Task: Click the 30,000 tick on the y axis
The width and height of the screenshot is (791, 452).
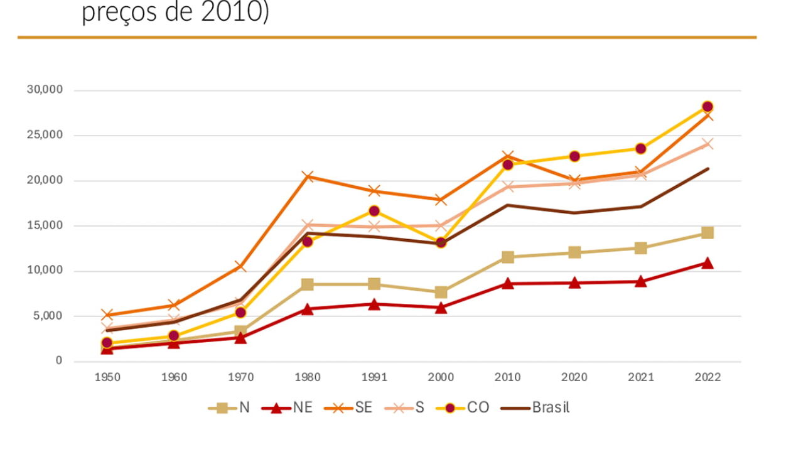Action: point(45,90)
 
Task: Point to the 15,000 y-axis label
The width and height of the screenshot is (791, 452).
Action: point(45,226)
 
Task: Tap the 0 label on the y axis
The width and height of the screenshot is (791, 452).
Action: point(59,361)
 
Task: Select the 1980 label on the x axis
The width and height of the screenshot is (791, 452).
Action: point(308,377)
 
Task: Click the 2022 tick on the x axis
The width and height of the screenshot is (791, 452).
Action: point(708,377)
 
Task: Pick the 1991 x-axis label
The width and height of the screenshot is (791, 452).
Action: point(374,377)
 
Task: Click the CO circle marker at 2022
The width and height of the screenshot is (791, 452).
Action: point(708,107)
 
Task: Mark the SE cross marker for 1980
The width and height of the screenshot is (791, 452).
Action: point(308,176)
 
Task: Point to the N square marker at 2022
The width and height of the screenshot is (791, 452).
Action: point(708,233)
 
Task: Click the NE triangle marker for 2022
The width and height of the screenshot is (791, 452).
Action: point(708,263)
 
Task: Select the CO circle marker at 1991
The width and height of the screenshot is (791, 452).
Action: point(374,211)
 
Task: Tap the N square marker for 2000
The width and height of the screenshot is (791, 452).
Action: point(441,292)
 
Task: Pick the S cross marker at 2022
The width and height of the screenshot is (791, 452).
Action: point(708,144)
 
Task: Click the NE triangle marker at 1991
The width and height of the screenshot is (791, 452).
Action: point(374,304)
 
